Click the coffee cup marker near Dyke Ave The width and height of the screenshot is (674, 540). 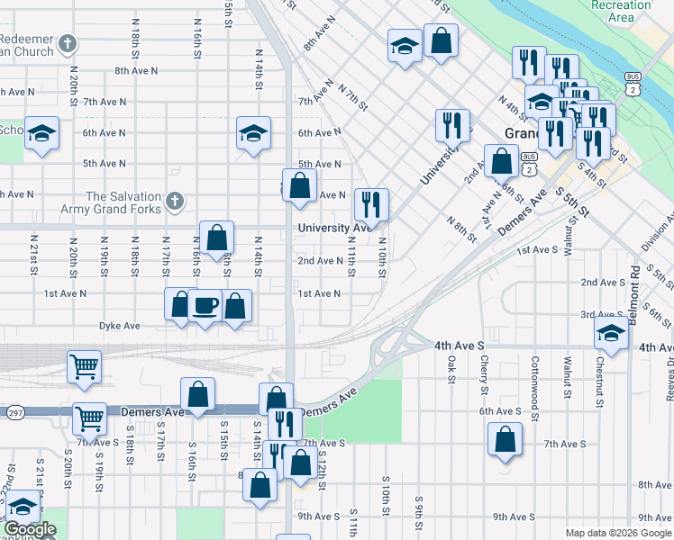(205, 306)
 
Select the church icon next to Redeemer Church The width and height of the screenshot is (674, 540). (68, 43)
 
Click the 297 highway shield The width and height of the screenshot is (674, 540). (14, 412)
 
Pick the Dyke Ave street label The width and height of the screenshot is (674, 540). (119, 325)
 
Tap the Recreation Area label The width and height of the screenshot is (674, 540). (620, 11)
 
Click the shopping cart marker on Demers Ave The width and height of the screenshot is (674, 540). (90, 418)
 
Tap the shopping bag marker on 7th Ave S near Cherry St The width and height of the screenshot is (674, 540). (505, 440)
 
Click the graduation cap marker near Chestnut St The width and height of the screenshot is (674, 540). (611, 334)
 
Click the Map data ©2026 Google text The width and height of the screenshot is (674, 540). (618, 533)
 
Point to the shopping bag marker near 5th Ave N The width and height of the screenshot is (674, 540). (301, 186)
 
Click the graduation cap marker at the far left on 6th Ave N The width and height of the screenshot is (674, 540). (41, 134)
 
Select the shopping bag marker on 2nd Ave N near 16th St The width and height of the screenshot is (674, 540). (216, 238)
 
